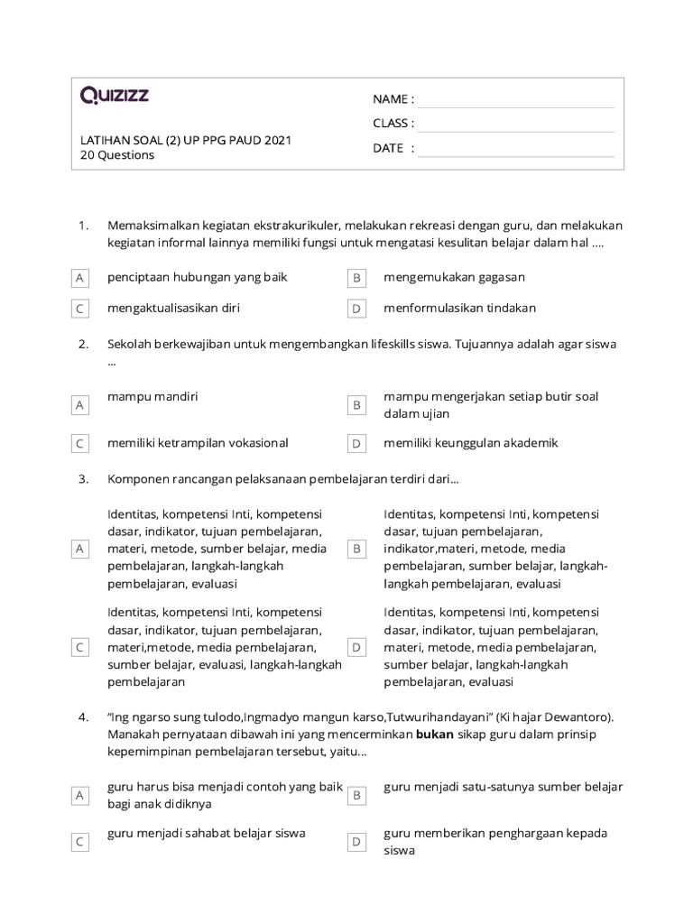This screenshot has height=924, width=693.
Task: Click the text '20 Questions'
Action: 117,155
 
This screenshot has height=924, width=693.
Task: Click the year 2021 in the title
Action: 278,140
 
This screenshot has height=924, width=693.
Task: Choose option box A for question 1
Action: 80,279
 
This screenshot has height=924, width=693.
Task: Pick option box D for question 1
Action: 356,309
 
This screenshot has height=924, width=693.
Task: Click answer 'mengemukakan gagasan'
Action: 454,277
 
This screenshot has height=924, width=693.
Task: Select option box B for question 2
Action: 356,406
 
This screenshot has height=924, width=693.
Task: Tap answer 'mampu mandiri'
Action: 152,396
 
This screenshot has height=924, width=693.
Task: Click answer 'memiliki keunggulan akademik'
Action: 470,443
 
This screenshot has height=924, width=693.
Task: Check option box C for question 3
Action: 80,648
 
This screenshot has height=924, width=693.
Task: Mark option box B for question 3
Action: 356,549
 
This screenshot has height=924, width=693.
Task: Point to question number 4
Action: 83,717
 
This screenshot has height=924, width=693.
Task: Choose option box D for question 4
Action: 356,842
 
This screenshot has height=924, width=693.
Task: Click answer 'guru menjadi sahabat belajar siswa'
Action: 206,833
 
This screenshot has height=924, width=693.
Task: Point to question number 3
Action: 83,478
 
